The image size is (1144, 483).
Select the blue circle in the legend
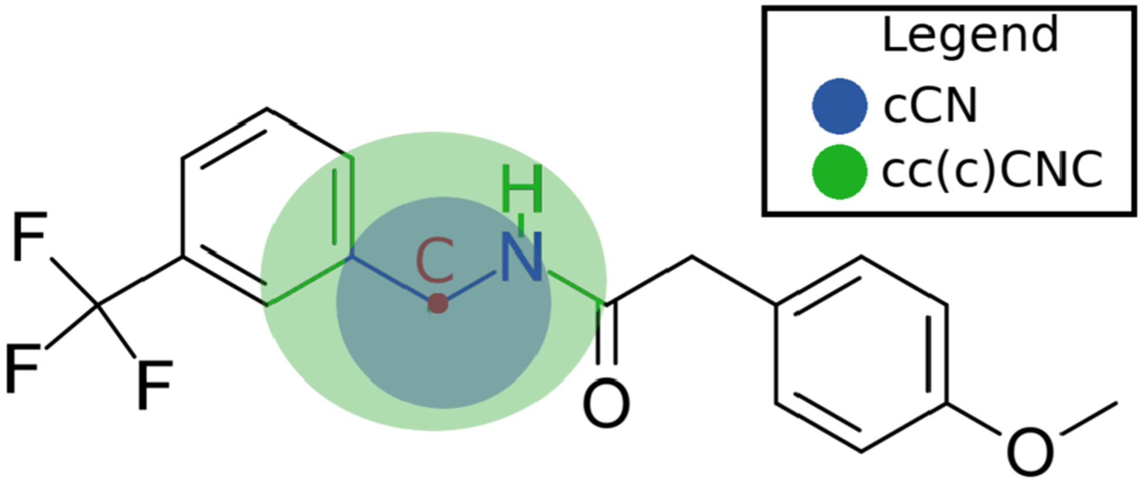840,106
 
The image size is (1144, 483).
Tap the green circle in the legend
840,172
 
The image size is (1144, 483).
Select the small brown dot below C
438,304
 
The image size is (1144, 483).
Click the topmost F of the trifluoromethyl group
29,237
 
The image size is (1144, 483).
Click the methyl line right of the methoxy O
1089,417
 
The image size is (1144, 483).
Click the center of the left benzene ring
267,206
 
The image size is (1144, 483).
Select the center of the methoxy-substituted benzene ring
861,354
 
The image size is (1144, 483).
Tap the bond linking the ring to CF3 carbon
141,281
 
